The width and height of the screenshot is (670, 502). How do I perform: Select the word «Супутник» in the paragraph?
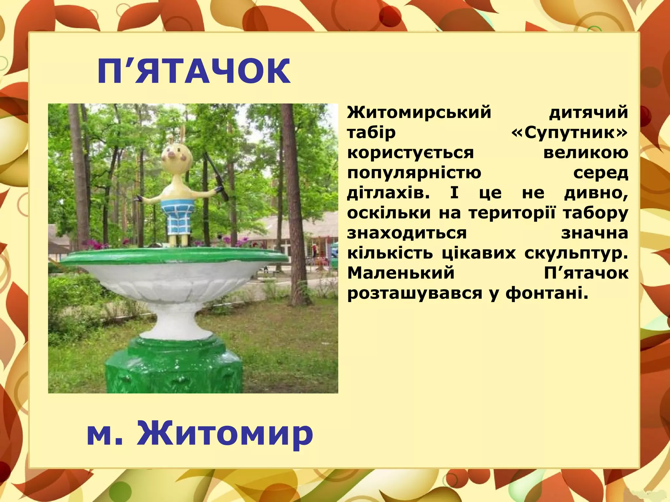(x=569, y=133)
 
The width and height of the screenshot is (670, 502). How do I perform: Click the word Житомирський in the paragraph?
(x=419, y=113)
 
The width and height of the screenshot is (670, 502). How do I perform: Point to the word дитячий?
(x=588, y=113)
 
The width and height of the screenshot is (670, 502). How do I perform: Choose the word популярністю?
(x=414, y=173)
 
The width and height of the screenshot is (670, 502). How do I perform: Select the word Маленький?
(x=401, y=273)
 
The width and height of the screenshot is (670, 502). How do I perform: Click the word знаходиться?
(x=407, y=233)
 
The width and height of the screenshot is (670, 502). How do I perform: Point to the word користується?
(x=410, y=153)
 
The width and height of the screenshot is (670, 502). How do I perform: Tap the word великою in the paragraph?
(x=586, y=153)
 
